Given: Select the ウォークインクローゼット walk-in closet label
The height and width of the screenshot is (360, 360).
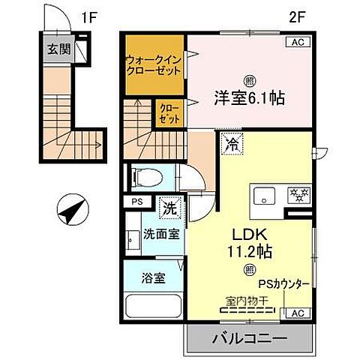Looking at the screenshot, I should (x=153, y=64).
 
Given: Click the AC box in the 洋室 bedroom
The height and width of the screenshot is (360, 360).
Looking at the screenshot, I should (x=297, y=42).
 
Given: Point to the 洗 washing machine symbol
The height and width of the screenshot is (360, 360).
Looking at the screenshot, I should (x=169, y=204).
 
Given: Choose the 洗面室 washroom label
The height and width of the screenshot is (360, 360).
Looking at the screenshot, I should (x=160, y=233).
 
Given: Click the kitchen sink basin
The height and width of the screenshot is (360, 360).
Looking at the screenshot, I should (x=264, y=196).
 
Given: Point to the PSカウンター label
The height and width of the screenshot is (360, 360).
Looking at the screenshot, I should (x=284, y=285).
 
